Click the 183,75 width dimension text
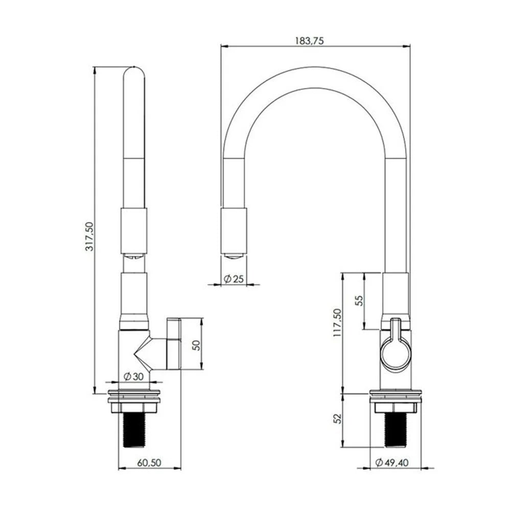coord(310,41)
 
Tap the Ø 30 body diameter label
coord(134,377)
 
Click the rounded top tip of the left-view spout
coord(134,72)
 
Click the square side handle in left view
coord(174,343)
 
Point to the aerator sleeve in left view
coord(134,230)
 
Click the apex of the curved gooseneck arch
coord(315,77)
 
